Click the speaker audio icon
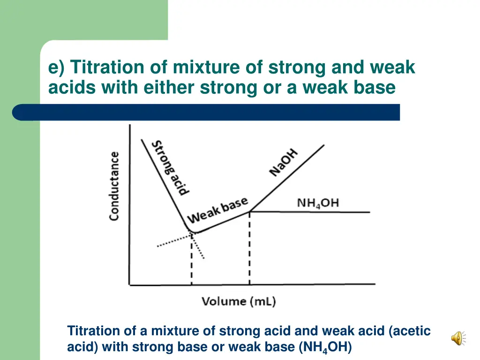[x=458, y=338]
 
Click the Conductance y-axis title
[x=114, y=186]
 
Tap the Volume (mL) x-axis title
[x=239, y=301]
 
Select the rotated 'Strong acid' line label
[x=172, y=167]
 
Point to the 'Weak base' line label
[x=217, y=211]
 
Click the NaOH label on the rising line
[x=284, y=162]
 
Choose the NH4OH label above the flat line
[x=318, y=203]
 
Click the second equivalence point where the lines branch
[x=249, y=211]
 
